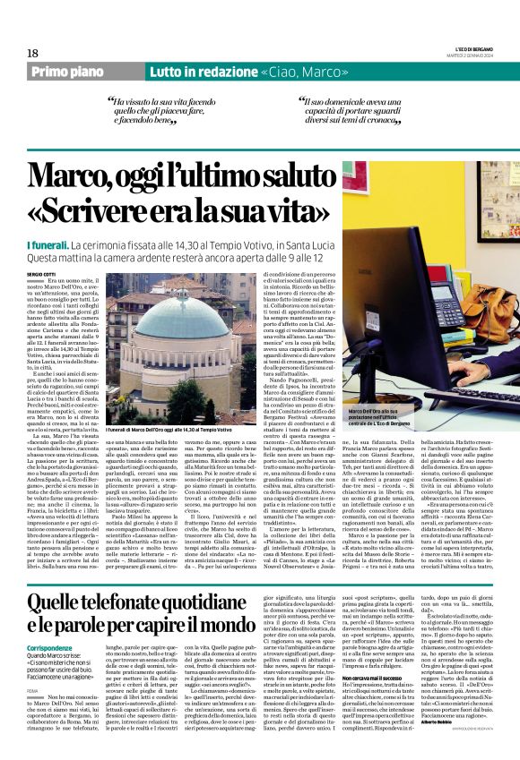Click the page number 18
point(31,54)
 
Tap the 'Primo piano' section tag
point(82,71)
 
